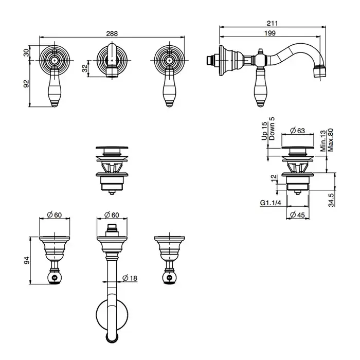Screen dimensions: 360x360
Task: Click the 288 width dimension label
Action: pos(112,33)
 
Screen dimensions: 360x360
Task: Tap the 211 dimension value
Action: pos(273,23)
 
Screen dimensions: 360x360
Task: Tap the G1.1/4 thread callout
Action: pos(269,203)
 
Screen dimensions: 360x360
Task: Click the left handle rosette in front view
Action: pos(55,60)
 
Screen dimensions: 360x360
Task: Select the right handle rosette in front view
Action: pos(169,60)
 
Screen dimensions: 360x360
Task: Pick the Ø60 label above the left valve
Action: pos(55,215)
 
